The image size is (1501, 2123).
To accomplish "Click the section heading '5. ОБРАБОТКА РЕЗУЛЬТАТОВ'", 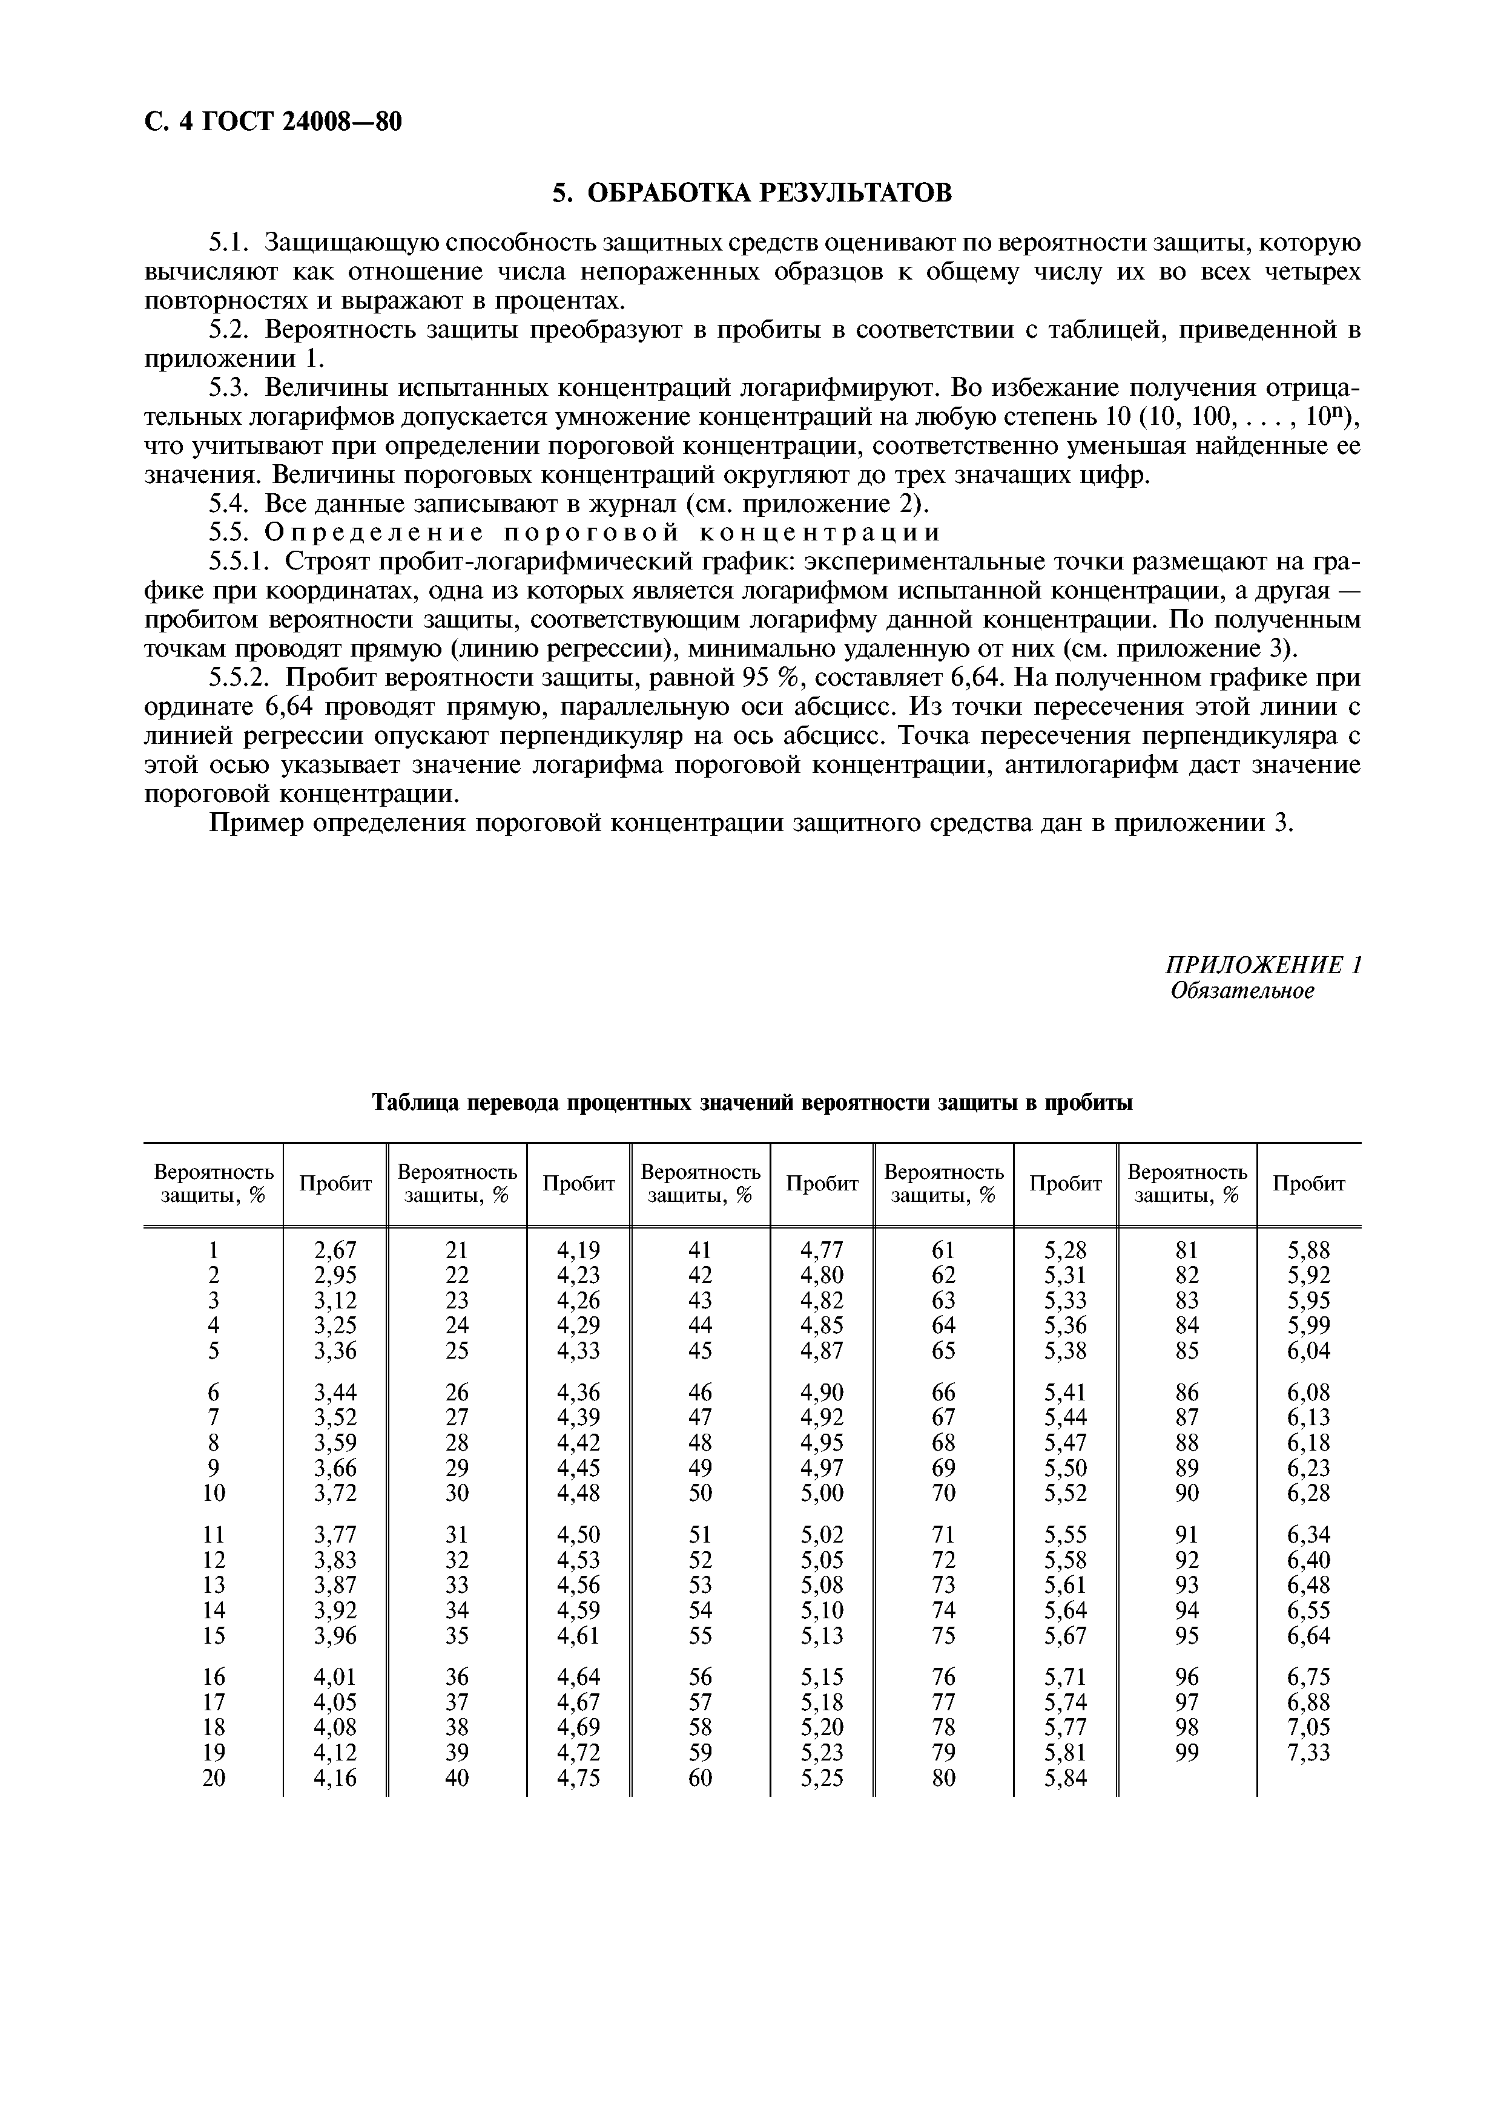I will (x=751, y=192).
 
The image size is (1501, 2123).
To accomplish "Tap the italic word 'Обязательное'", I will (x=1242, y=991).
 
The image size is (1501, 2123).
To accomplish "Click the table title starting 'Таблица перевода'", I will (x=751, y=1103).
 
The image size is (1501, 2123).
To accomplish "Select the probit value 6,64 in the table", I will (x=1308, y=1636).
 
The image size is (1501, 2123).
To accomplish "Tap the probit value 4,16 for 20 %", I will (x=335, y=1778).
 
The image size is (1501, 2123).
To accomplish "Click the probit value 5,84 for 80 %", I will (x=1066, y=1778).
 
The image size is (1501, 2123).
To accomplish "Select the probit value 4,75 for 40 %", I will (x=578, y=1778).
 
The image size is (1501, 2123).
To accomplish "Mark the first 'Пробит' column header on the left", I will (x=335, y=1184).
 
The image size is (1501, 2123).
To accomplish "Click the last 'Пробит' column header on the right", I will (x=1308, y=1184).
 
